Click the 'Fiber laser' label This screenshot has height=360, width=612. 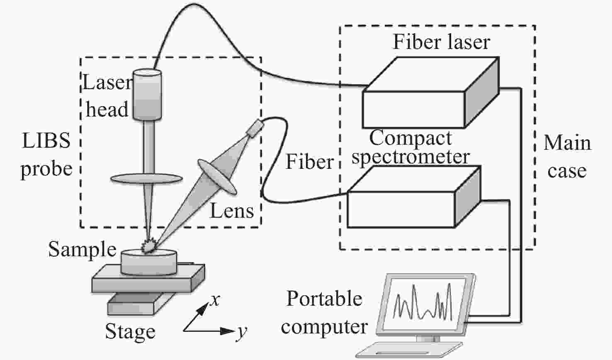(x=441, y=42)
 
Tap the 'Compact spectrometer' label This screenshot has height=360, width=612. (x=410, y=147)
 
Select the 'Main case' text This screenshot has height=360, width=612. (x=567, y=157)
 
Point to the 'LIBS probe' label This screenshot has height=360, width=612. (x=46, y=155)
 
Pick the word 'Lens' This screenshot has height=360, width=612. (x=232, y=211)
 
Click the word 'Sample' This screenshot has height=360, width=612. (x=82, y=250)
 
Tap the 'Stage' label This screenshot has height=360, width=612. (x=130, y=332)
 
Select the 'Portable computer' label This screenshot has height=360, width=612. (x=324, y=312)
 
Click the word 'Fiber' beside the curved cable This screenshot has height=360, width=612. (x=310, y=161)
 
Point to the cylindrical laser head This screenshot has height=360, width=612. (x=147, y=95)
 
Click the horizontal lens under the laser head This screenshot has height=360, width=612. (x=146, y=178)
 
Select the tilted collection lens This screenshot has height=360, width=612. (x=217, y=177)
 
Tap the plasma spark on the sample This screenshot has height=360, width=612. (x=149, y=246)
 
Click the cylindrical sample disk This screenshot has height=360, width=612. (x=149, y=263)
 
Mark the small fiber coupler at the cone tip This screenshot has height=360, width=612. (x=255, y=128)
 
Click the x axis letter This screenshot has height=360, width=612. (x=215, y=300)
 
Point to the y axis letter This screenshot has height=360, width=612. (x=242, y=331)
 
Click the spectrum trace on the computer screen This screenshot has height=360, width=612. (x=423, y=302)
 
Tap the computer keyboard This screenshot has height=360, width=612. (x=409, y=350)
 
